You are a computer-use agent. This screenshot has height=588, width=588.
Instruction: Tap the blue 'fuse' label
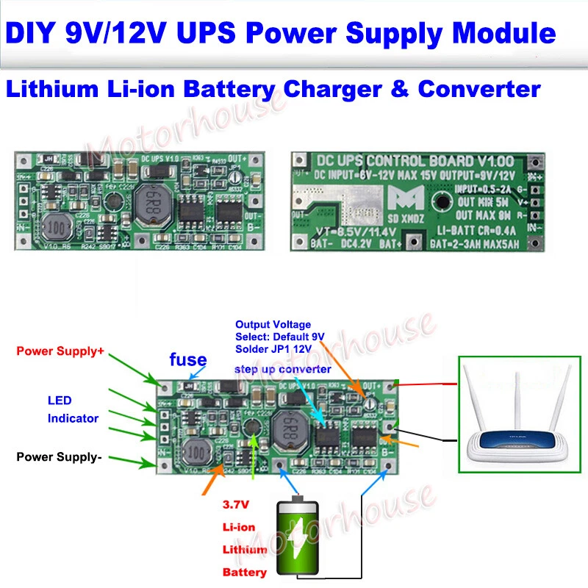(187, 360)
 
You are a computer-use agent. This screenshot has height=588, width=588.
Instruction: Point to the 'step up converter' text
(283, 369)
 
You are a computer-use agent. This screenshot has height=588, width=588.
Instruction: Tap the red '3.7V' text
(237, 506)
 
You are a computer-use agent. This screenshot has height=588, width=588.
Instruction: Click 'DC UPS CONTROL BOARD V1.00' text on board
(412, 162)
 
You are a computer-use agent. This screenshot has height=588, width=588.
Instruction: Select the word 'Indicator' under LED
(73, 418)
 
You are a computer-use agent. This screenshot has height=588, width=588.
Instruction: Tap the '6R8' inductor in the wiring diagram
(288, 427)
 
